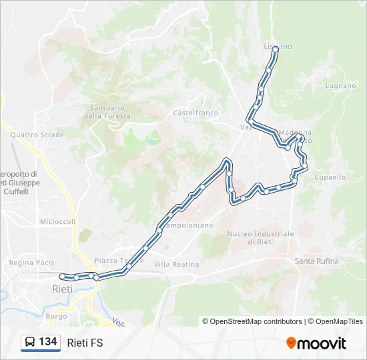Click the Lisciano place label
pyautogui.click(x=278, y=46)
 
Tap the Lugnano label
pyautogui.click(x=340, y=86)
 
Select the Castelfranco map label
pyautogui.click(x=196, y=113)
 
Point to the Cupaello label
pyautogui.click(x=330, y=177)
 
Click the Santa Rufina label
pyautogui.click(x=316, y=261)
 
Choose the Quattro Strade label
pyautogui.click(x=37, y=135)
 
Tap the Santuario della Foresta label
pyautogui.click(x=107, y=111)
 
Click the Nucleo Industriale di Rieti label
pyautogui.click(x=260, y=237)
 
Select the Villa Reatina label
pyautogui.click(x=176, y=264)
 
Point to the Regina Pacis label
pyautogui.click(x=31, y=263)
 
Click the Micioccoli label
pyautogui.click(x=57, y=221)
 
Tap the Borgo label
pyautogui.click(x=57, y=316)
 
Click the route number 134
pyautogui.click(x=47, y=341)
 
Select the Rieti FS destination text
pyautogui.click(x=85, y=343)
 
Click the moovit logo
pyautogui.click(x=316, y=343)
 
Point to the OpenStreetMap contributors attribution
pyautogui.click(x=252, y=321)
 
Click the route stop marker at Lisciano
pyautogui.click(x=275, y=49)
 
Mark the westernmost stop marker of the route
pyautogui.click(x=62, y=276)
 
